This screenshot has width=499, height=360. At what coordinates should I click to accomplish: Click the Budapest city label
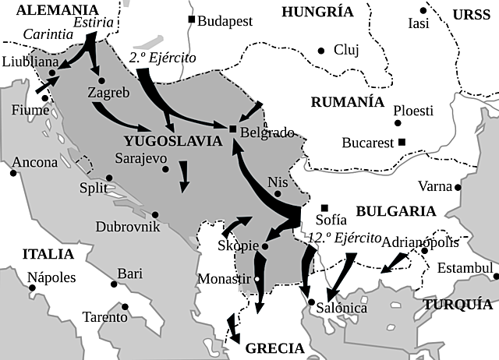[225, 21]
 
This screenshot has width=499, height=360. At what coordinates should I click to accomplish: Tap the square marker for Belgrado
[232, 129]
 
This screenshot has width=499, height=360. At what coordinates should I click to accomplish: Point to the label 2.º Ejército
[162, 58]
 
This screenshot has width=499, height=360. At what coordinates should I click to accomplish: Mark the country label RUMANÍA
[347, 103]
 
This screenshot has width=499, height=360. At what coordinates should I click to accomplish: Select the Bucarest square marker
[402, 142]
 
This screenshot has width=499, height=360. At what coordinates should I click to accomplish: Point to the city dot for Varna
[458, 187]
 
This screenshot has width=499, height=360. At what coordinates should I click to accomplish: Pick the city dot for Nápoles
[33, 288]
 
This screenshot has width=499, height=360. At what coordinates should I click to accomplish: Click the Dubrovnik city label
[127, 227]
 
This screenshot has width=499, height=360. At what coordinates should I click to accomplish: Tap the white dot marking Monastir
[258, 278]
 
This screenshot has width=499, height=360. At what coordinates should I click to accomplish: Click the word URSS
[473, 14]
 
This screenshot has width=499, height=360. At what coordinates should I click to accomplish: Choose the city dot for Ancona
[13, 172]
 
